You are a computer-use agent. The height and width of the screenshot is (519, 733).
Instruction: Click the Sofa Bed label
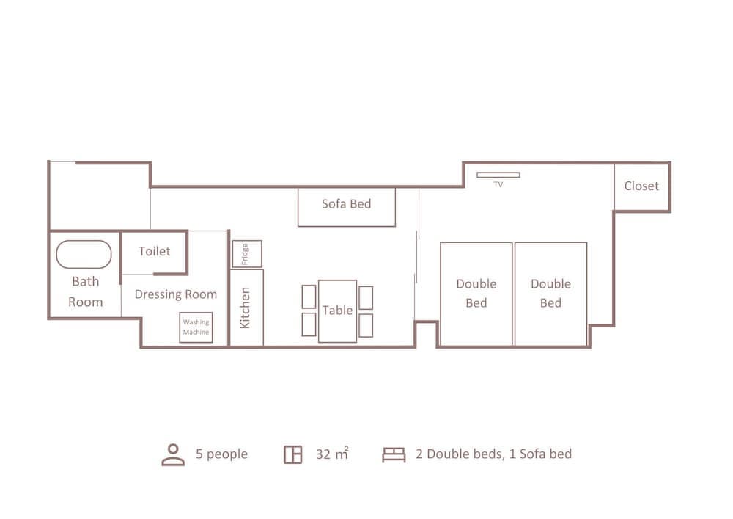point(347,203)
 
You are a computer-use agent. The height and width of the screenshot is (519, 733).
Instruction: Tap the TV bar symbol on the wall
point(498,175)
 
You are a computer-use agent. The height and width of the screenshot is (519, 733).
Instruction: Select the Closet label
point(641,186)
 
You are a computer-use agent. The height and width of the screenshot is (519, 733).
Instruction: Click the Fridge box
point(247,254)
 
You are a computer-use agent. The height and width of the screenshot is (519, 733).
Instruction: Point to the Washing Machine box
point(196,327)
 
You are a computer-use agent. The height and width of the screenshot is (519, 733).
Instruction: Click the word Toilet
point(154,251)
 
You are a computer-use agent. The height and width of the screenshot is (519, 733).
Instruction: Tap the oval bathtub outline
point(84,255)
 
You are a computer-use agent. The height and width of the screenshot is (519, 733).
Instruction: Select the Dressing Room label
point(176,294)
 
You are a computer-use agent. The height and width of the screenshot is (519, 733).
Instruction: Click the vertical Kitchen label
point(245,308)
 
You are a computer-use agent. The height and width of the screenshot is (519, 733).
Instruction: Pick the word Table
point(337,311)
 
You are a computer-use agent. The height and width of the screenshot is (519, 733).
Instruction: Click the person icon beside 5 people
point(173,454)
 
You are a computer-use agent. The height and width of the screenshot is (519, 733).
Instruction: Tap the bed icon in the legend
point(394,454)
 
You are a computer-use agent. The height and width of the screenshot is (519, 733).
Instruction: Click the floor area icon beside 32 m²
point(293,454)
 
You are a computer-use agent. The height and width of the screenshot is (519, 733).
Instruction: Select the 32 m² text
point(332,454)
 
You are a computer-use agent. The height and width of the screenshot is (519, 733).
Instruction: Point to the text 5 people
point(221,454)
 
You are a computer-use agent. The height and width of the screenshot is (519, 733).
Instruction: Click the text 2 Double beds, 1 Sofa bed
point(493,454)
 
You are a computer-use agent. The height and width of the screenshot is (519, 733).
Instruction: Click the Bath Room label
point(86,291)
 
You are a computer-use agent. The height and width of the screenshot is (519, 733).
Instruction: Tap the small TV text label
point(498,185)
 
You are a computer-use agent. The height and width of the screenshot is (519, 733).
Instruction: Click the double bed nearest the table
point(476,294)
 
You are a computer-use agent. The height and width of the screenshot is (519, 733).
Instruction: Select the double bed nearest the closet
point(550,294)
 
